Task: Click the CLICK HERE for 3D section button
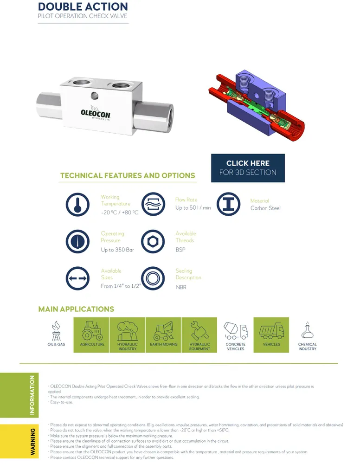[248, 168]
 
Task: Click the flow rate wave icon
[153, 204]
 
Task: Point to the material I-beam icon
[229, 204]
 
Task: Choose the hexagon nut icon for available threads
[153, 241]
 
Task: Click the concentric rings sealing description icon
[153, 278]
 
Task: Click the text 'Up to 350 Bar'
[117, 250]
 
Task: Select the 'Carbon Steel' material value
[265, 208]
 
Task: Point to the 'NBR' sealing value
[181, 288]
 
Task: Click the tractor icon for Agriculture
[92, 331]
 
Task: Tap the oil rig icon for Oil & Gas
[56, 330]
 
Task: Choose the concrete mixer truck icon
[236, 330]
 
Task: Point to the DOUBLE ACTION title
[83, 6]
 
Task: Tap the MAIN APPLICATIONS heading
[76, 309]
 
